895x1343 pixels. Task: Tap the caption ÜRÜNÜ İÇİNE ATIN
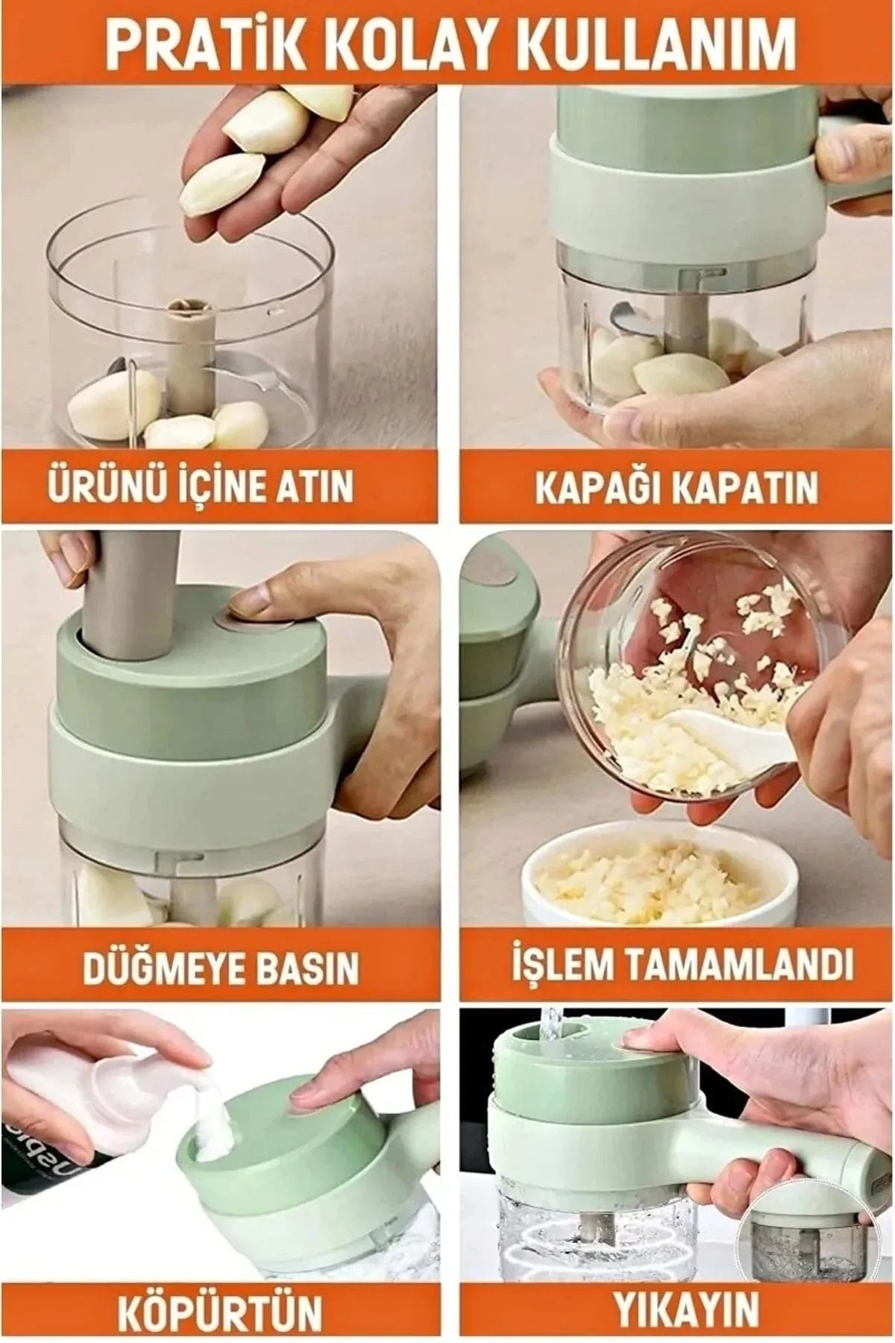pyautogui.click(x=200, y=486)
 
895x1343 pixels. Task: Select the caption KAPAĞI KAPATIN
pyautogui.click(x=676, y=486)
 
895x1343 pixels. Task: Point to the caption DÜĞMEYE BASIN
pyautogui.click(x=220, y=967)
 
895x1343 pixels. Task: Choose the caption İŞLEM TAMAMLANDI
pyautogui.click(x=682, y=965)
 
